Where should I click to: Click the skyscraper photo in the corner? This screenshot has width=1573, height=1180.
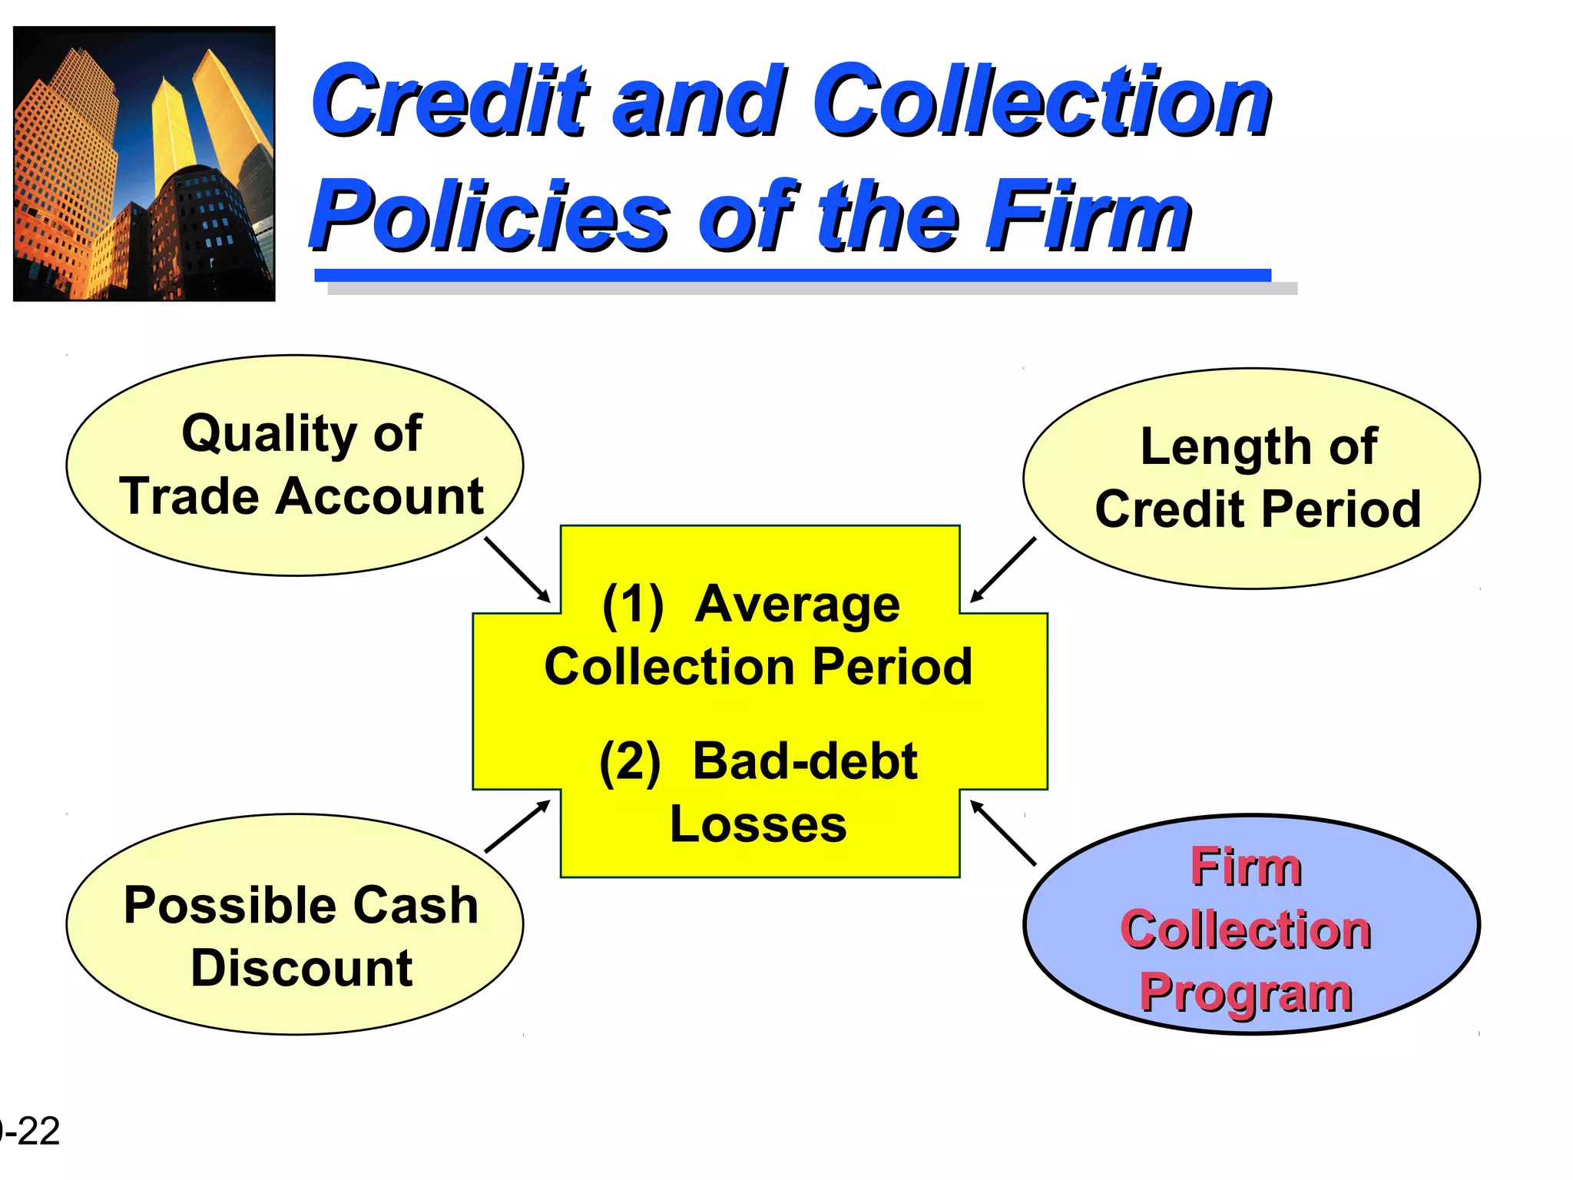pyautogui.click(x=144, y=164)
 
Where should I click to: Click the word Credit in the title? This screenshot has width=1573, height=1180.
pyautogui.click(x=449, y=101)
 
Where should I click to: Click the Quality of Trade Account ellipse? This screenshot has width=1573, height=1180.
pyautogui.click(x=295, y=465)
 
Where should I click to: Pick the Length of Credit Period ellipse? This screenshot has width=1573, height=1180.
pyautogui.click(x=1251, y=478)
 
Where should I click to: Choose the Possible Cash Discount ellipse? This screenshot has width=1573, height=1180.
pyautogui.click(x=295, y=923)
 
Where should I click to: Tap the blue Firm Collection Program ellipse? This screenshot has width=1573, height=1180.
pyautogui.click(x=1251, y=923)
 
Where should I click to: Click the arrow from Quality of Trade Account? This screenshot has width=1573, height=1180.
pyautogui.click(x=517, y=569)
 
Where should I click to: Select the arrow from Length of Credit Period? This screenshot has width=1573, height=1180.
pyautogui.click(x=1003, y=569)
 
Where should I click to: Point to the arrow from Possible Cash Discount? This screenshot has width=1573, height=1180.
pyautogui.click(x=517, y=827)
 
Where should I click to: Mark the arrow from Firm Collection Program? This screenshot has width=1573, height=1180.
pyautogui.click(x=1003, y=833)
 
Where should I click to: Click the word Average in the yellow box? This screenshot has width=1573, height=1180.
pyautogui.click(x=797, y=605)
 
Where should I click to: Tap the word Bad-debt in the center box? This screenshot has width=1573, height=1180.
pyautogui.click(x=804, y=761)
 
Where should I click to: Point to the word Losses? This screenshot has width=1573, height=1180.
pyautogui.click(x=758, y=824)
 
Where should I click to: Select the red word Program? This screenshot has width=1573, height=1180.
pyautogui.click(x=1245, y=993)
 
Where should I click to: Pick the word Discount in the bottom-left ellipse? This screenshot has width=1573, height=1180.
pyautogui.click(x=302, y=967)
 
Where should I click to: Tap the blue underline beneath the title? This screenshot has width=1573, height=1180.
pyautogui.click(x=792, y=275)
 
